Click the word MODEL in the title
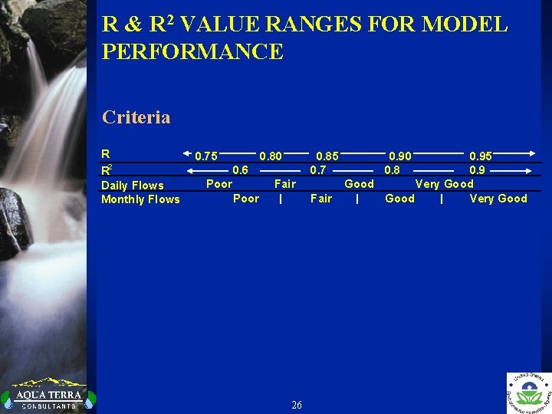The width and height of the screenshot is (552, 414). coord(465,25)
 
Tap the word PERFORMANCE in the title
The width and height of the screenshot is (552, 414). coord(192,52)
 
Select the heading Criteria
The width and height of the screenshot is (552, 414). coord(136,117)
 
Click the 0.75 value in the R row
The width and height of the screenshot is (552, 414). coord(205,156)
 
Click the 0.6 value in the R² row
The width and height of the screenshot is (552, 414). coord(240,170)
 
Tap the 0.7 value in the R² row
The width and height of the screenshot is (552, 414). coord(318,170)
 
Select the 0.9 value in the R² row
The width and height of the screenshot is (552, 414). coord(477,170)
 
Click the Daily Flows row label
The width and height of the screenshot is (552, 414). coord(133,185)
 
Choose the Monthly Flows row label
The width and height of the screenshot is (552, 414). coord(140,199)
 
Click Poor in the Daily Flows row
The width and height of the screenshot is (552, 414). coord(219,184)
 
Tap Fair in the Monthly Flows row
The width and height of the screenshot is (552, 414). coord(321,199)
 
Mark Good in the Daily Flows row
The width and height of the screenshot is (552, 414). coord(359,184)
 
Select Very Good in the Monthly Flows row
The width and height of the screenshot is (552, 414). coord(498,199)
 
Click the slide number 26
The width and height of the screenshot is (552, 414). coord(297,405)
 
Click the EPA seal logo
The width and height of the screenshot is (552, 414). coord(529,393)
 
